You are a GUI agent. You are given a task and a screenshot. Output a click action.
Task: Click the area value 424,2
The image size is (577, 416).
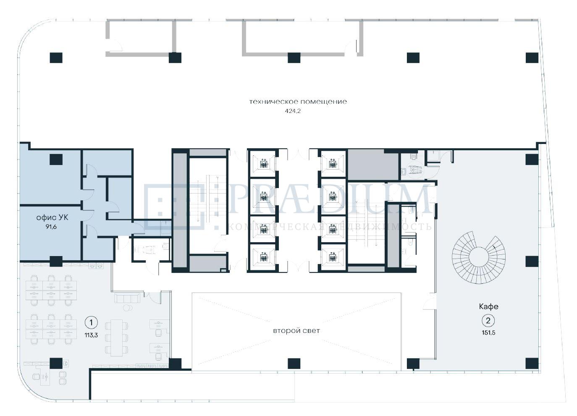tap(293, 111)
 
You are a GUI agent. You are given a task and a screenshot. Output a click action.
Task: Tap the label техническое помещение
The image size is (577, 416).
tap(298, 102)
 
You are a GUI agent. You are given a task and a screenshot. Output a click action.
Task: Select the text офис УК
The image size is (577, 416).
tap(52, 217)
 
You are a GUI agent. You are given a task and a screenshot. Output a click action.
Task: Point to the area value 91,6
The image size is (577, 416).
tap(51, 227)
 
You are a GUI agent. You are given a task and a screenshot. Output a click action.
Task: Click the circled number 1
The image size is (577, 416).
tap(91, 322)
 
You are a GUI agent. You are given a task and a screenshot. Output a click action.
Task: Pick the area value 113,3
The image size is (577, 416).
tap(91, 335)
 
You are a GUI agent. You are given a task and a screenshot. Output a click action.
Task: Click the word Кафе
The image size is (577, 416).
tap(488, 306)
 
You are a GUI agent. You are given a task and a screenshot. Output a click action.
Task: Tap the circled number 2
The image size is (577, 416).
tap(488, 321)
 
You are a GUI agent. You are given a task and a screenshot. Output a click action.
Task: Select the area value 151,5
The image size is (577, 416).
tap(488, 332)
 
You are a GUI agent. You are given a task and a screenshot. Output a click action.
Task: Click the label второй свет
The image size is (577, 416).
tap(296, 330)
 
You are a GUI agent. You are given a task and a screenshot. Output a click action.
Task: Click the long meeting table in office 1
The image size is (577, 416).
tap(116, 338)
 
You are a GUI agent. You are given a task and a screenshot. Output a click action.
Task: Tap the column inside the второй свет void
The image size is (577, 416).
tap(294, 364)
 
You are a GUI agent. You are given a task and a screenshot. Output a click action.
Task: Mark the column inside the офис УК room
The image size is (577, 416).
tap(56, 160)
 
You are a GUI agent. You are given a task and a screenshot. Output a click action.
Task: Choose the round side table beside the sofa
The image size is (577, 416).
tap(127, 308)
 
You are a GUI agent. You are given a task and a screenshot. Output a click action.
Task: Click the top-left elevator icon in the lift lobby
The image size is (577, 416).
tap(263, 164)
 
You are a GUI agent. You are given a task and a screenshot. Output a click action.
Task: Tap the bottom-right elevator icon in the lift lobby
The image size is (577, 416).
tap(332, 256)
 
